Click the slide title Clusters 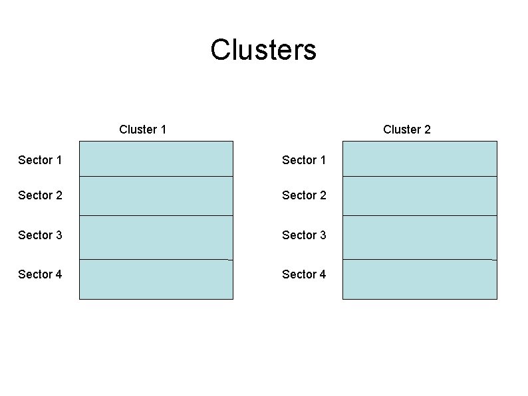(x=263, y=50)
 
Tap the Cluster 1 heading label (x=142, y=130)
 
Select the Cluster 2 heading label (x=406, y=130)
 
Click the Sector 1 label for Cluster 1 (x=40, y=160)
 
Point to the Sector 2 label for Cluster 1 (x=40, y=195)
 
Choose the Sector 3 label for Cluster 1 (x=40, y=235)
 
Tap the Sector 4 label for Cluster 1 (x=40, y=274)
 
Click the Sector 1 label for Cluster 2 (x=304, y=160)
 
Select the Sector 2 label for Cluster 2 (x=304, y=195)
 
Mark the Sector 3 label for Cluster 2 (x=304, y=235)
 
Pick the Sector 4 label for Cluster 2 (x=304, y=274)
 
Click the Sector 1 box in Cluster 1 (x=156, y=159)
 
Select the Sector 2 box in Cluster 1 (x=156, y=196)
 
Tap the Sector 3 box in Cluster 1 (x=156, y=237)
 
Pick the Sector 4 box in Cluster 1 (x=156, y=279)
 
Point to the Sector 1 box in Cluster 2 (x=420, y=159)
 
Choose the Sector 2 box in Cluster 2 (x=420, y=196)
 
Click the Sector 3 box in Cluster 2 (x=420, y=237)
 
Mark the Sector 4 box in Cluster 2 (x=420, y=279)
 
